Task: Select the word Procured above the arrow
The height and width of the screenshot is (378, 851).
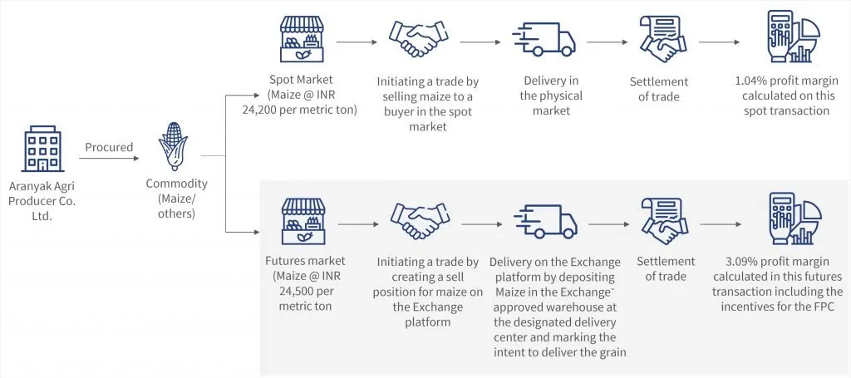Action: (x=109, y=147)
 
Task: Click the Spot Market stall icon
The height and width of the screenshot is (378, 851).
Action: (x=302, y=39)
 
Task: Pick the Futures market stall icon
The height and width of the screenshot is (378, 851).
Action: (x=303, y=221)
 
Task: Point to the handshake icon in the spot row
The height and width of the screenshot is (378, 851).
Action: (x=418, y=40)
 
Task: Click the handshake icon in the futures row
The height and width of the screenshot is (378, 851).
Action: (x=420, y=221)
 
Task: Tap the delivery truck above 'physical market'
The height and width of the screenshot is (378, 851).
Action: (x=544, y=40)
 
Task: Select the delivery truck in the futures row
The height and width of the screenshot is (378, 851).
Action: (x=545, y=221)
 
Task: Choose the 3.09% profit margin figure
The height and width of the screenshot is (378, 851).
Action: (x=738, y=262)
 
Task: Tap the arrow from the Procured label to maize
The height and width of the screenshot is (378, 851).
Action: (x=109, y=159)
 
